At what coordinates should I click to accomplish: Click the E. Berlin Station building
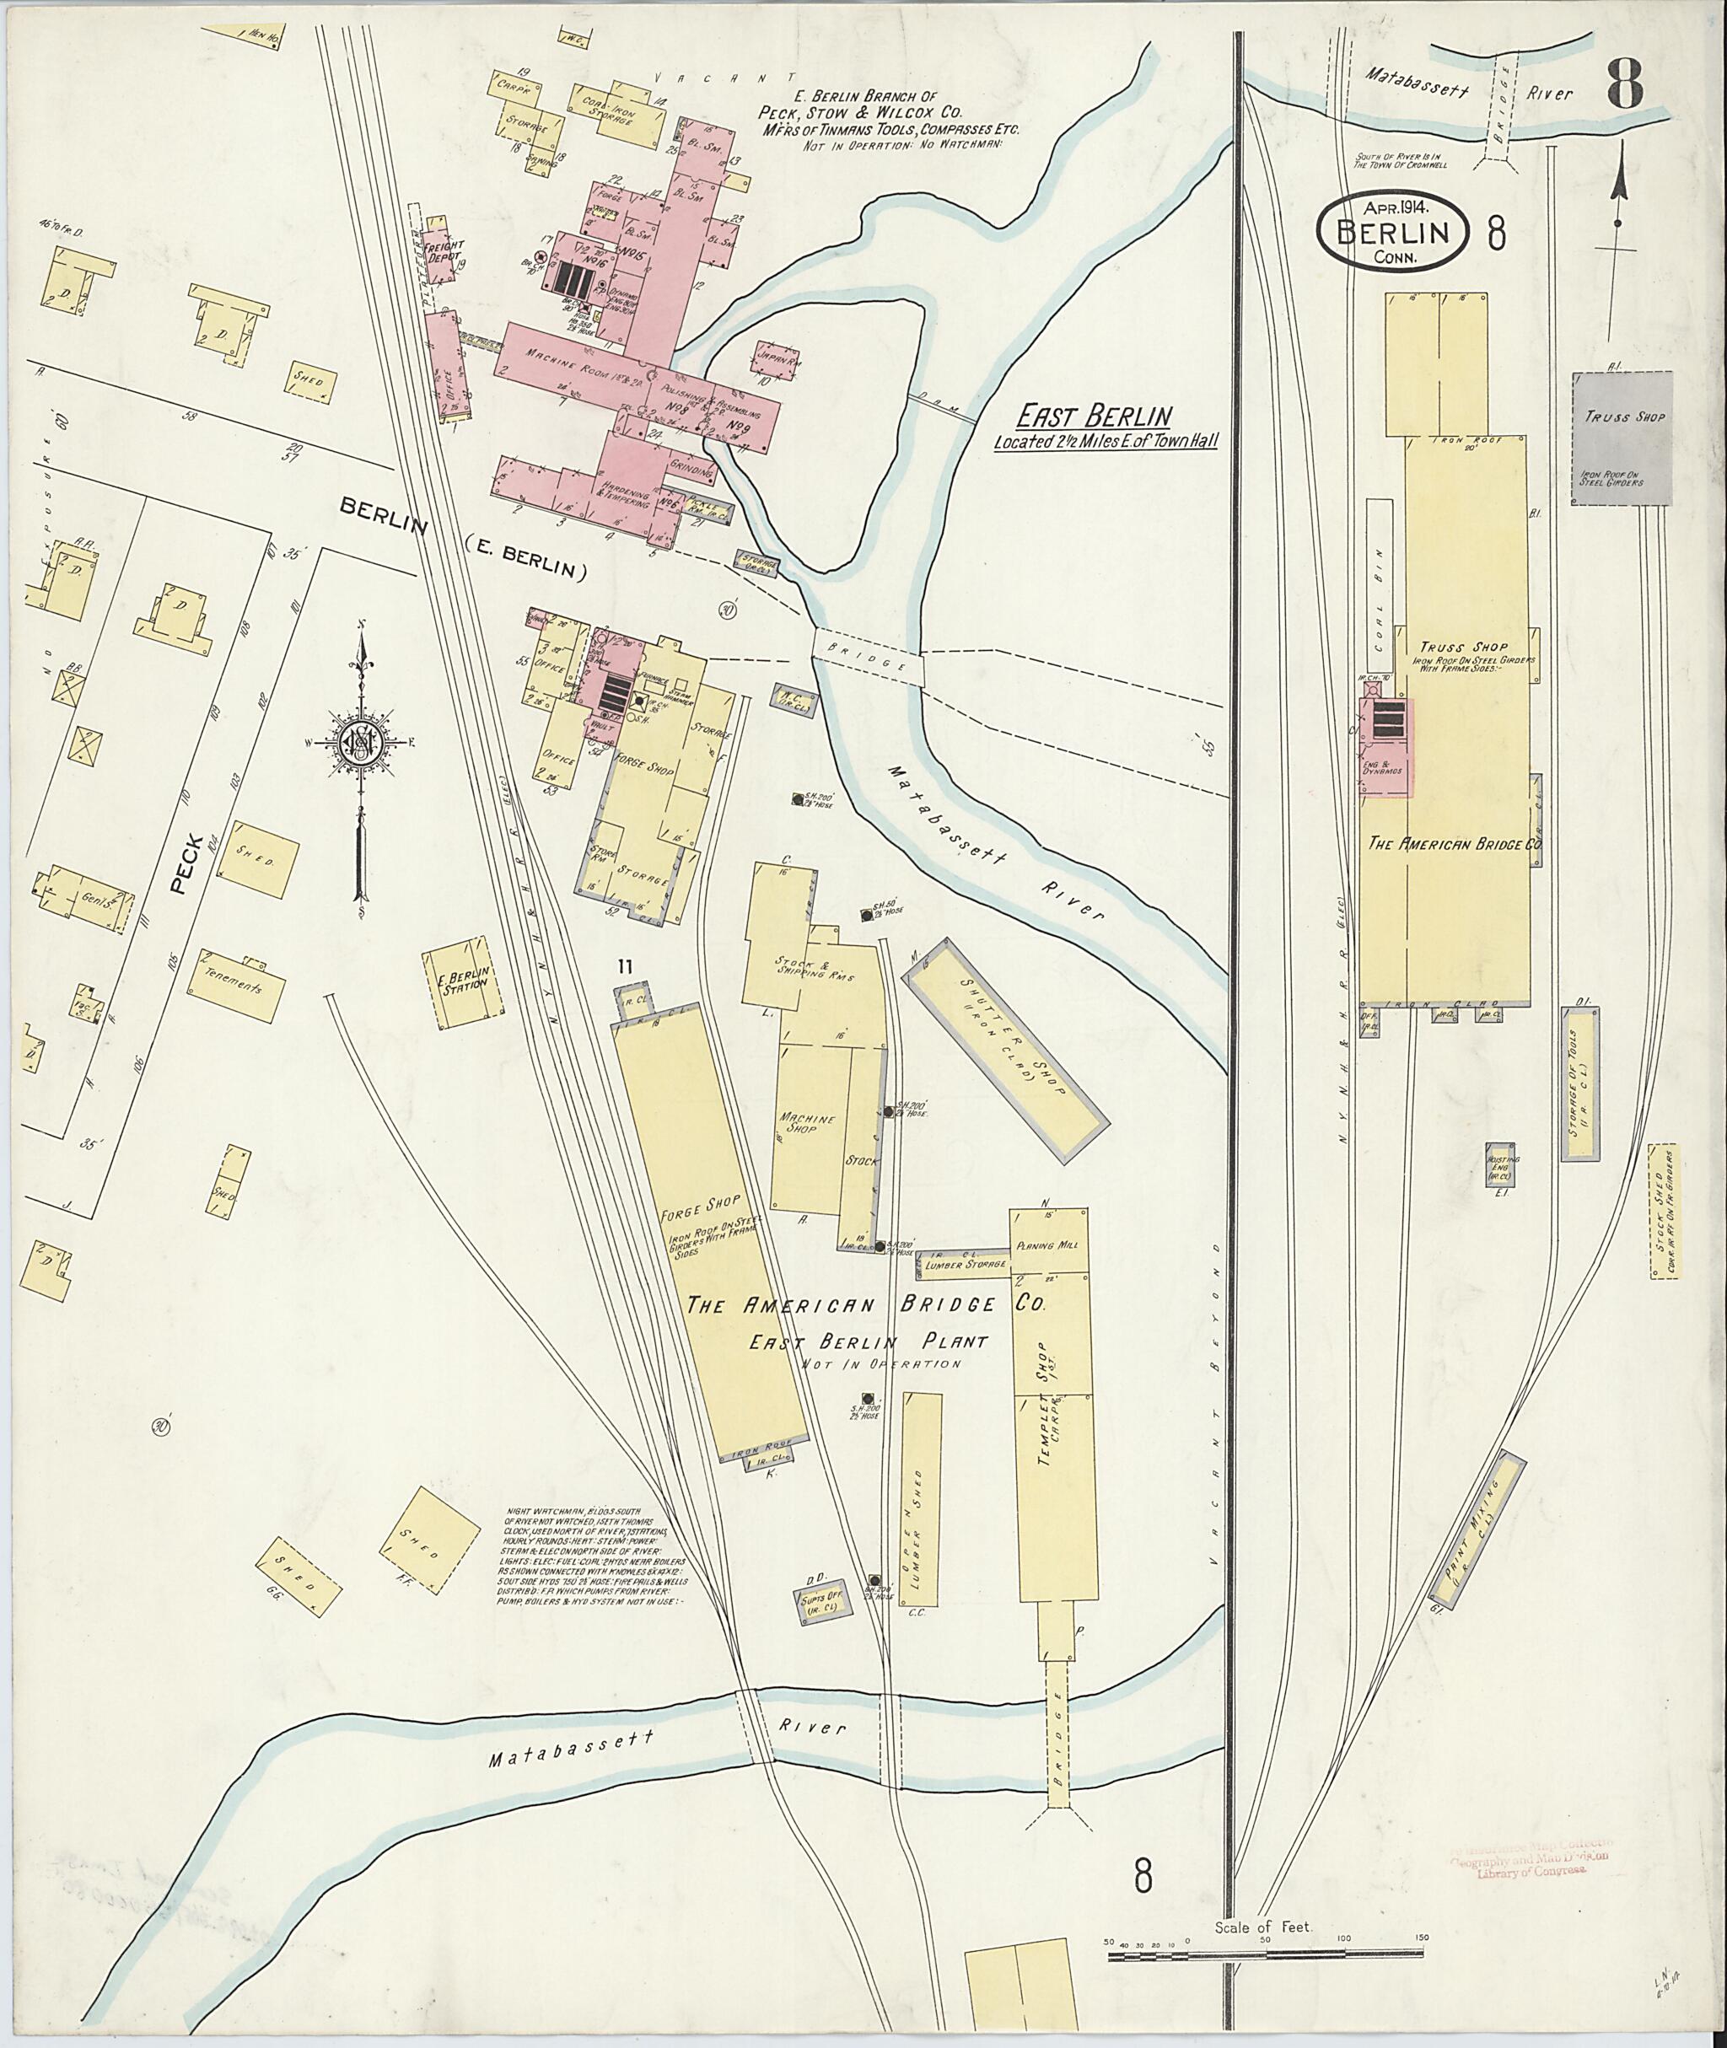464,983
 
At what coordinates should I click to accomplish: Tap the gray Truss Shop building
1622,438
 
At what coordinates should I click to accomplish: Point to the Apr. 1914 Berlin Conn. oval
1394,232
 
